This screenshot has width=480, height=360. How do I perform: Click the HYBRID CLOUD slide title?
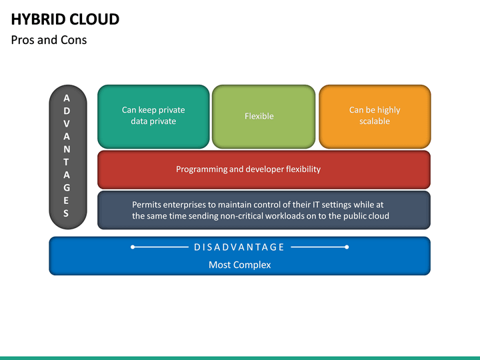pyautogui.click(x=65, y=19)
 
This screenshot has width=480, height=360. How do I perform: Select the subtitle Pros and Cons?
pyautogui.click(x=49, y=40)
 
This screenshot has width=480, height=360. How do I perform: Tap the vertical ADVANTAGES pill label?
pyautogui.click(x=67, y=156)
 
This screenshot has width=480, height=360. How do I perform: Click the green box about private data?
pyautogui.click(x=153, y=116)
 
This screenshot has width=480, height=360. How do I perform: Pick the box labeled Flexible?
pyautogui.click(x=263, y=116)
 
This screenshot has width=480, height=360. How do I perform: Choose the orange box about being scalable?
pyautogui.click(x=375, y=116)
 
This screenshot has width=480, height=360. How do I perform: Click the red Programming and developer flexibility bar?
pyautogui.click(x=263, y=169)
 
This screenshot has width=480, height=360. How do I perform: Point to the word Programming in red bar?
pyautogui.click(x=201, y=169)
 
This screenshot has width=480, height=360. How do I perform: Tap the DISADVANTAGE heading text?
pyautogui.click(x=239, y=247)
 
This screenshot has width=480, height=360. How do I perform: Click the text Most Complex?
pyautogui.click(x=240, y=265)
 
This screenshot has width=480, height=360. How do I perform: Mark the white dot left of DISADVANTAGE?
pyautogui.click(x=133, y=247)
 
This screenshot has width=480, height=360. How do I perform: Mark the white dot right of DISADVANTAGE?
pyautogui.click(x=347, y=247)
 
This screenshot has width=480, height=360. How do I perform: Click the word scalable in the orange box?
pyautogui.click(x=375, y=121)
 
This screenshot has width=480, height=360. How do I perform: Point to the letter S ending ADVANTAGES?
pyautogui.click(x=67, y=213)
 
